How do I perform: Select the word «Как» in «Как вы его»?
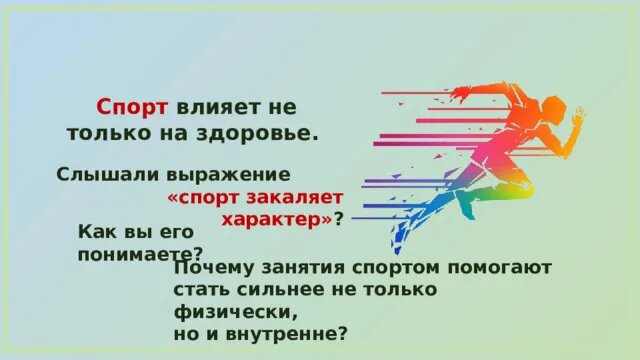coord(95,232)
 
